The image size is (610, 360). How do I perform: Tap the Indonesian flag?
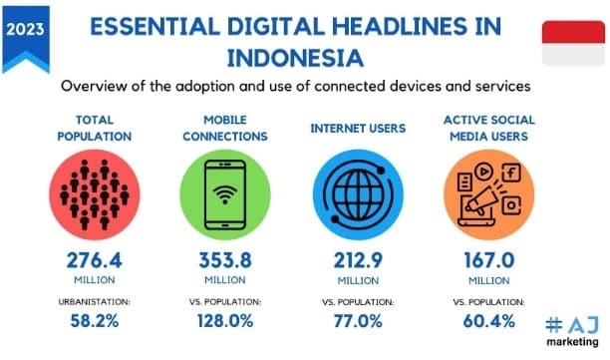click(x=573, y=44)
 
